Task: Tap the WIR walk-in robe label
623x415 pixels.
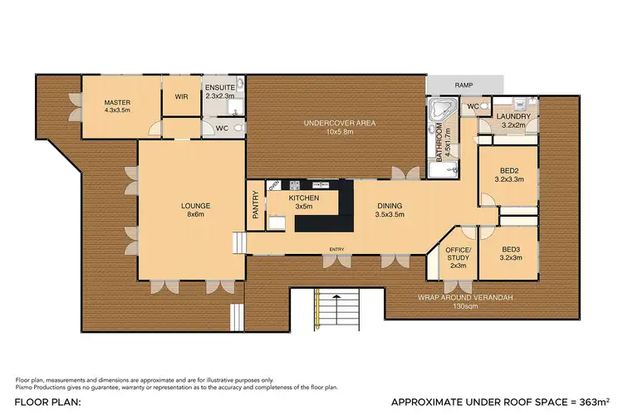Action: tap(181, 96)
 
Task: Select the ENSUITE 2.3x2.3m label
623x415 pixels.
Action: tap(221, 92)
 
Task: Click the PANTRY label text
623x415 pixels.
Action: tap(255, 205)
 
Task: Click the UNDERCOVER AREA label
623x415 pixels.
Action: tap(339, 127)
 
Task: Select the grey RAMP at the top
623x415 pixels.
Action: tap(464, 85)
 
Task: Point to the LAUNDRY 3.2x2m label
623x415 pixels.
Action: tap(513, 120)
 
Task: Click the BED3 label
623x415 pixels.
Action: tap(511, 253)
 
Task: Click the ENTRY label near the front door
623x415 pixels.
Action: tap(336, 249)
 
